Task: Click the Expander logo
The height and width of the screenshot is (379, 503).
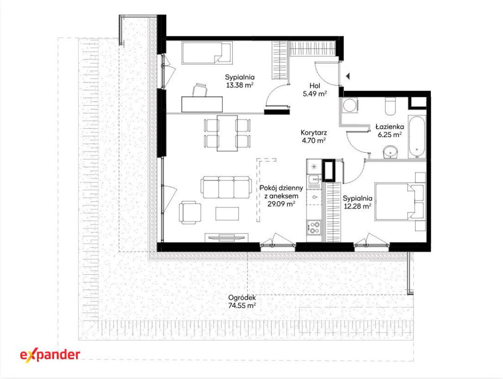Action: (50, 354)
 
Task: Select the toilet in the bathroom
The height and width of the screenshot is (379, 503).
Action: (391, 105)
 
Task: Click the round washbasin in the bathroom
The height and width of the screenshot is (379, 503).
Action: (391, 152)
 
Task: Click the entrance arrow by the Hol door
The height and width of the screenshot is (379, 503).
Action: (348, 76)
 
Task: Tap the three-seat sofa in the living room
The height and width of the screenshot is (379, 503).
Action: (226, 187)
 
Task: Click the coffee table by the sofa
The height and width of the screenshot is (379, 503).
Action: (227, 214)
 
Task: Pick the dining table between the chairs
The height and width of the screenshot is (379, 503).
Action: (227, 133)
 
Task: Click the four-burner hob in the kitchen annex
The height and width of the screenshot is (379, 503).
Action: (314, 227)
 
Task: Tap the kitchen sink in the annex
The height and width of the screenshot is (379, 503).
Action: (314, 182)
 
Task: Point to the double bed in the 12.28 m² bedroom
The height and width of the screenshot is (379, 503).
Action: (399, 202)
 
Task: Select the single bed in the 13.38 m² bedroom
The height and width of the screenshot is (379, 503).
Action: (207, 53)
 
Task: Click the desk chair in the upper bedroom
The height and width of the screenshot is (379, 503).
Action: (199, 90)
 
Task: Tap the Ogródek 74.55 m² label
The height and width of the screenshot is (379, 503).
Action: (242, 302)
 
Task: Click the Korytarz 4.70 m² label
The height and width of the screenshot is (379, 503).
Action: (314, 136)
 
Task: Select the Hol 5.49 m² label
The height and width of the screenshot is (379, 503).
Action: (315, 90)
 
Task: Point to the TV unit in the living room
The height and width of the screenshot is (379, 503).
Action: (227, 237)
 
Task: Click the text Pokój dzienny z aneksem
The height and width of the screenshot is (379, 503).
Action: (281, 192)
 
